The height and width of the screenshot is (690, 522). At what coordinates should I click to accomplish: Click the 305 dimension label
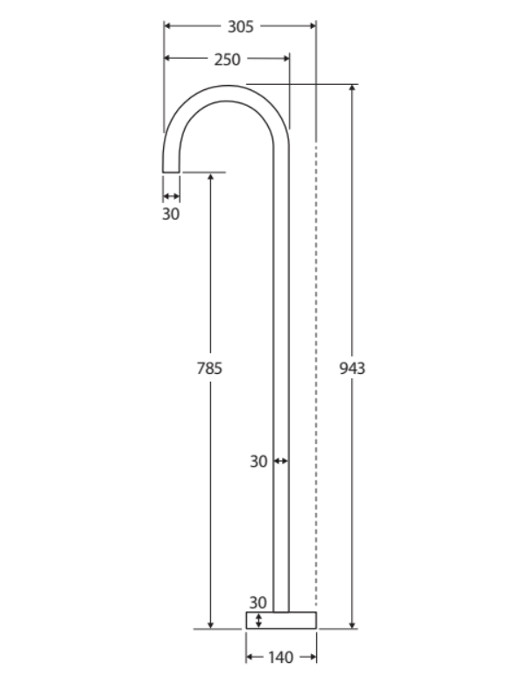[240, 26]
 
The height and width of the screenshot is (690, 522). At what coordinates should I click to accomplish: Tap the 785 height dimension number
[209, 368]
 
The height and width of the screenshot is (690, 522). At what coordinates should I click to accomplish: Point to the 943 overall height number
[352, 368]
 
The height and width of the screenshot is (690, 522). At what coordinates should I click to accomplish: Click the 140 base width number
[281, 658]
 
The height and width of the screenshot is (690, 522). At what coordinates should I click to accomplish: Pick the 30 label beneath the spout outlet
[171, 213]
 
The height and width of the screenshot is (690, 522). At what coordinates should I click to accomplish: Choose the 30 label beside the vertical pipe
[258, 461]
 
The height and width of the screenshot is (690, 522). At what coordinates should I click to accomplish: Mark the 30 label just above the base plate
[257, 602]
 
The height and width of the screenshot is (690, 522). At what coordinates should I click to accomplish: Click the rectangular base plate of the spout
[280, 620]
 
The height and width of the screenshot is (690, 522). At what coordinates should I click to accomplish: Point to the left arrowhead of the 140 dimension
[250, 658]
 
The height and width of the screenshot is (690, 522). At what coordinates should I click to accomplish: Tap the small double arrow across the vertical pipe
[281, 461]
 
